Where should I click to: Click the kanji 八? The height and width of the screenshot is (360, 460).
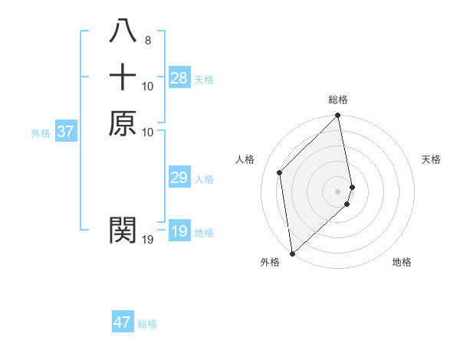coord(123,31)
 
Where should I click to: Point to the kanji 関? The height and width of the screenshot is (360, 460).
coord(123,229)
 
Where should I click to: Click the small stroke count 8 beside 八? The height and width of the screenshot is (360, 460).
coord(148,40)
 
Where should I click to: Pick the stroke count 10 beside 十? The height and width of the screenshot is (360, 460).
coord(148,87)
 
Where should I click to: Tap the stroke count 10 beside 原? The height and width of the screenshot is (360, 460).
coord(148,132)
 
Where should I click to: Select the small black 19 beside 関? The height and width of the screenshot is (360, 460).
coord(148,240)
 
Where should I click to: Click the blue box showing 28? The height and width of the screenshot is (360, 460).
coord(179,77)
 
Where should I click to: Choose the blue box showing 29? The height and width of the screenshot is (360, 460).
coord(179,178)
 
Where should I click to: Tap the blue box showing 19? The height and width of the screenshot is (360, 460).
coord(179,231)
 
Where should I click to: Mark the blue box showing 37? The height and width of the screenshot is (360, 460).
coord(66,132)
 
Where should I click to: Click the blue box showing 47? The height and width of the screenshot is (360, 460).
coord(123,322)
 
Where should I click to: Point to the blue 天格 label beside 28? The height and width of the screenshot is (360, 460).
coord(204,80)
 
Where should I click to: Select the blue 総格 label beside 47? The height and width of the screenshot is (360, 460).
coord(147,324)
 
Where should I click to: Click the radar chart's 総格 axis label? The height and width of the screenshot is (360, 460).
coord(338,100)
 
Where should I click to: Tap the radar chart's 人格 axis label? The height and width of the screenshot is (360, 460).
coord(245,159)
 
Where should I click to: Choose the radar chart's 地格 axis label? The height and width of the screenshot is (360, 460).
coord(402,262)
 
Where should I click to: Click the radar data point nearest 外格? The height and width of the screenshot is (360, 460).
coord(292,254)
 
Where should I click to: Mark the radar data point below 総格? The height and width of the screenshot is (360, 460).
coord(338,116)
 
